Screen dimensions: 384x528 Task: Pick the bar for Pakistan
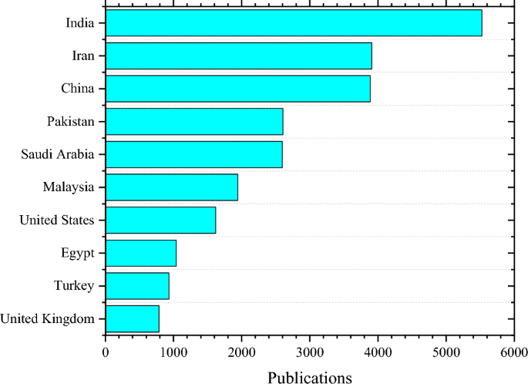[x=193, y=121]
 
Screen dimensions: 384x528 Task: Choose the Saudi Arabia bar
[x=193, y=154]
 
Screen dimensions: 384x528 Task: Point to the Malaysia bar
[x=171, y=187]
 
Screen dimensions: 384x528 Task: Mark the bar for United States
[x=160, y=220]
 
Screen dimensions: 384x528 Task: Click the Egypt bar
[x=140, y=253]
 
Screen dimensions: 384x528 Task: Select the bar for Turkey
[x=137, y=285]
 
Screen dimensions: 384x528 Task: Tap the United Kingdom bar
[x=132, y=318]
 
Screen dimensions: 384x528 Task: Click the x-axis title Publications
[x=309, y=377]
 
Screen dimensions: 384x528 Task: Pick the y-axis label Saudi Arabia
[x=58, y=154]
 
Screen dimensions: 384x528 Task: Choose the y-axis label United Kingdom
[x=48, y=318]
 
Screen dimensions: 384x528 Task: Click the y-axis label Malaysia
[x=69, y=187]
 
